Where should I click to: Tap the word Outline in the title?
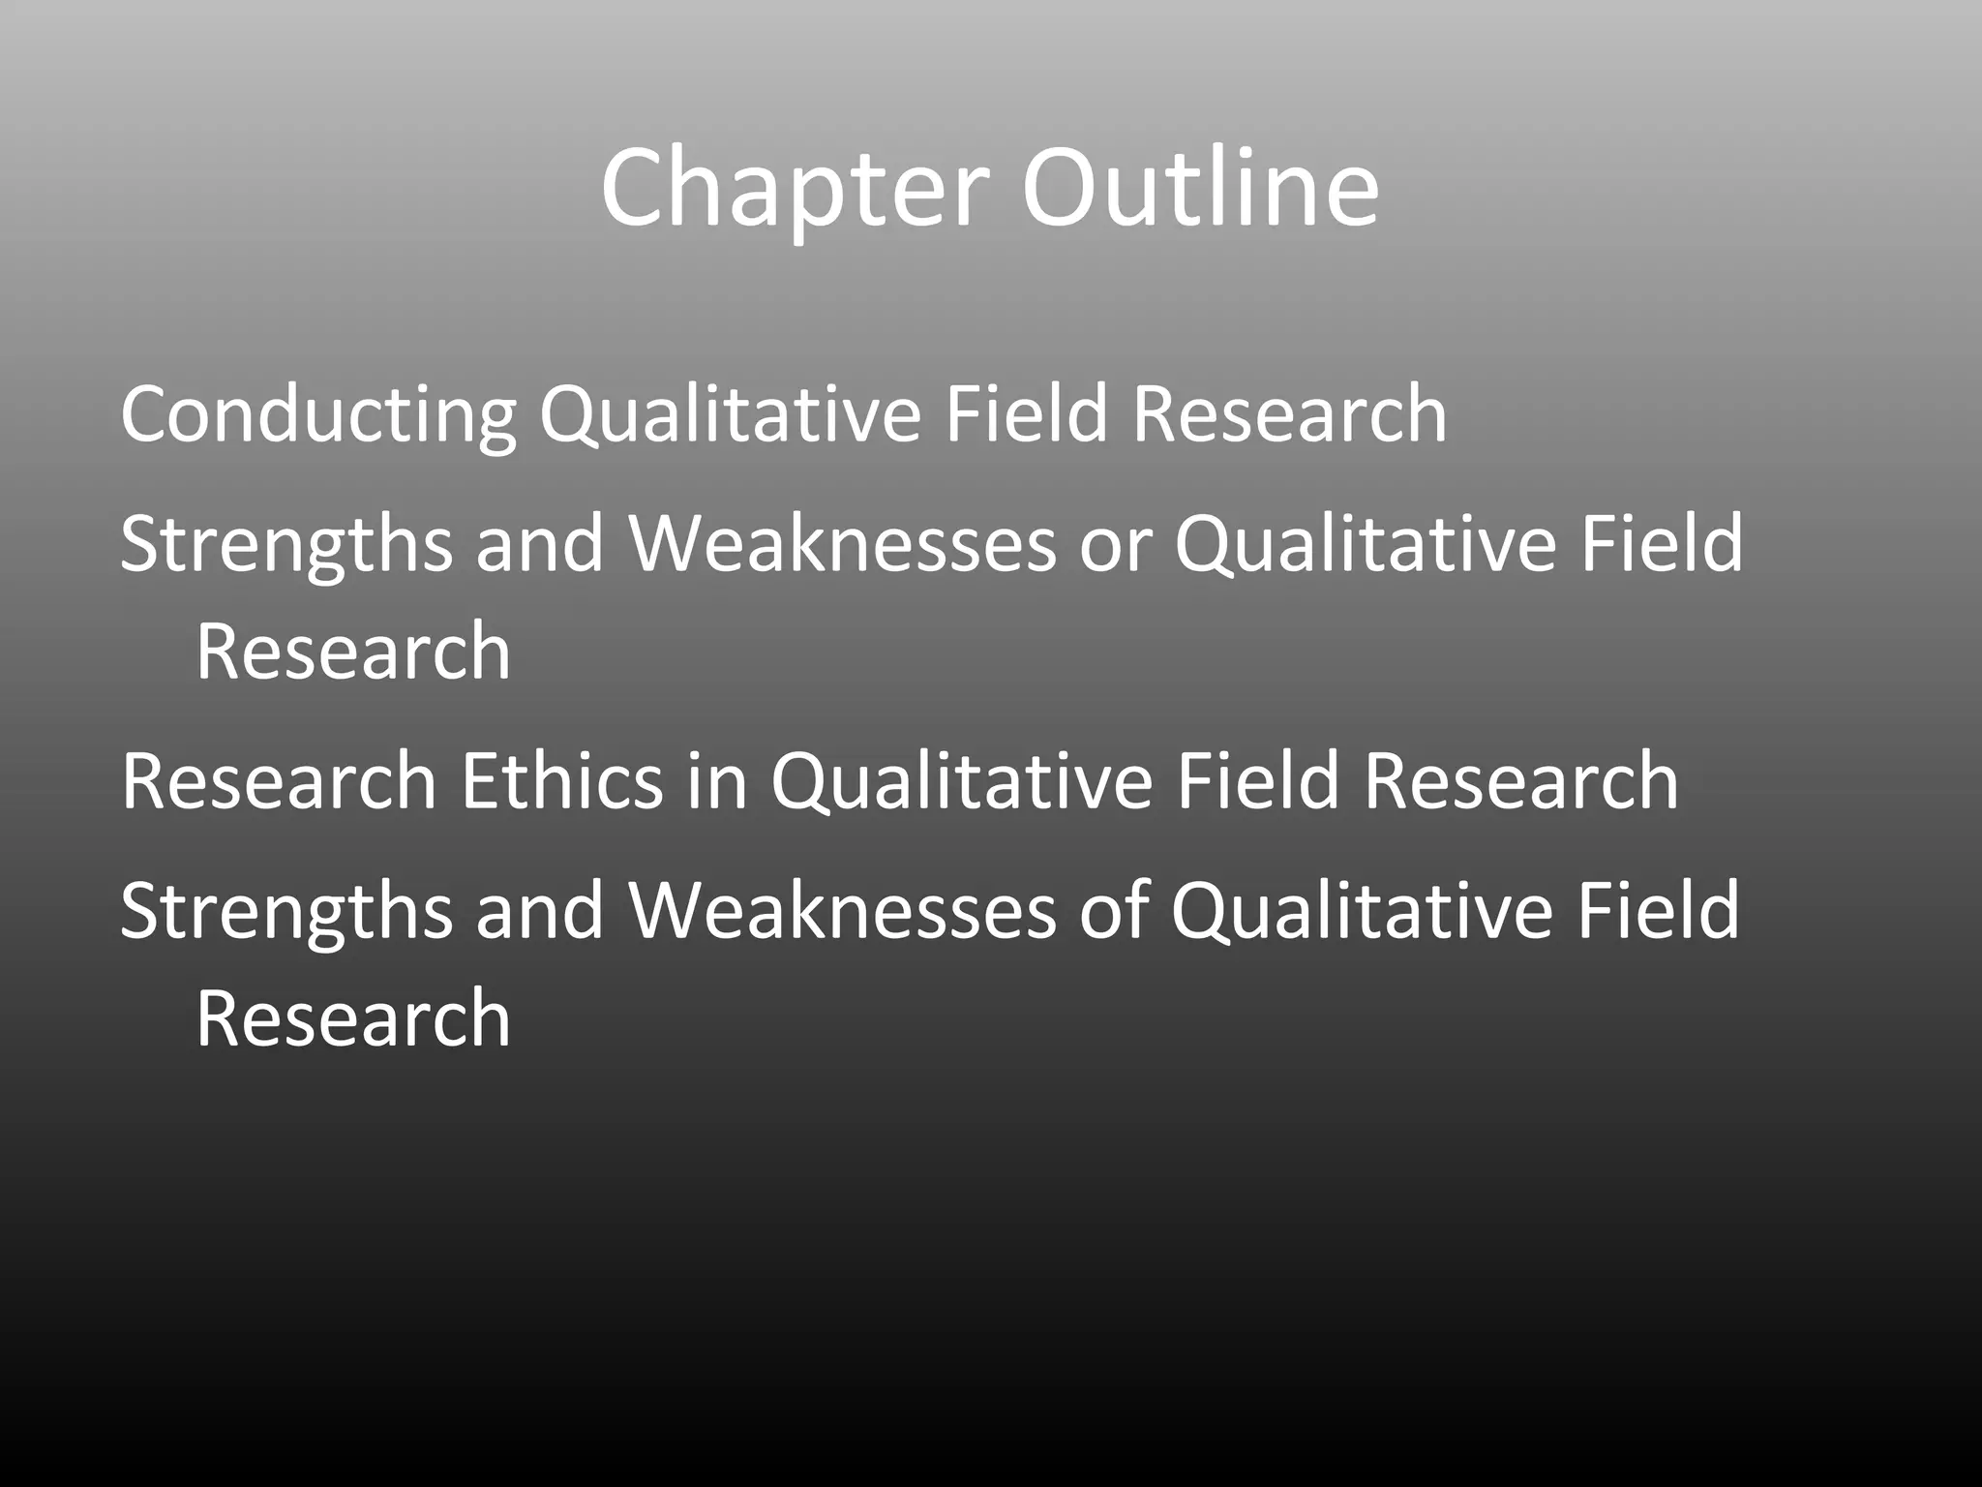point(1200,189)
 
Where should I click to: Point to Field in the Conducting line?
point(1026,414)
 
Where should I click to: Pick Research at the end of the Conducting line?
point(1289,414)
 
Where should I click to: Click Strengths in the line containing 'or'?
point(286,545)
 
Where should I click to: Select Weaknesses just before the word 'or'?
point(843,545)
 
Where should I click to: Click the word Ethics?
point(562,781)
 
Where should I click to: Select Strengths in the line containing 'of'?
point(286,912)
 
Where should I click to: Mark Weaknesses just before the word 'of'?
point(843,912)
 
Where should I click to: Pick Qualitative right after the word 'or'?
point(1366,545)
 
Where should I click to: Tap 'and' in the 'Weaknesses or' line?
point(540,545)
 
